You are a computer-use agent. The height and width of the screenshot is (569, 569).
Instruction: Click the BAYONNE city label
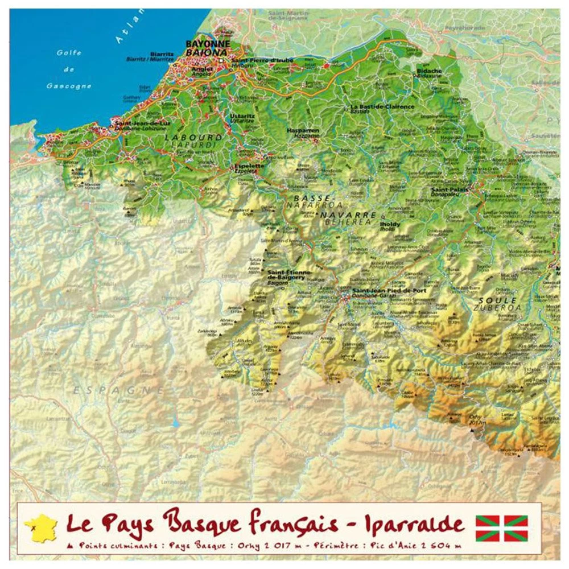point(208,43)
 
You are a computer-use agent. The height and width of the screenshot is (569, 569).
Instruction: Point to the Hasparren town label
point(303,130)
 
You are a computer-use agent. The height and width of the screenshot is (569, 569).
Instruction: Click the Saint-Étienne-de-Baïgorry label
point(289,275)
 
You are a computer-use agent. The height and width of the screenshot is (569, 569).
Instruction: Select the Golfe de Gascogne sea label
point(69,69)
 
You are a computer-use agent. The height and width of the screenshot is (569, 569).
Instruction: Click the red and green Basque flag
point(501,527)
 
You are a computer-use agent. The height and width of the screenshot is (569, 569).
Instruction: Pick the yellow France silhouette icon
point(40,526)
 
